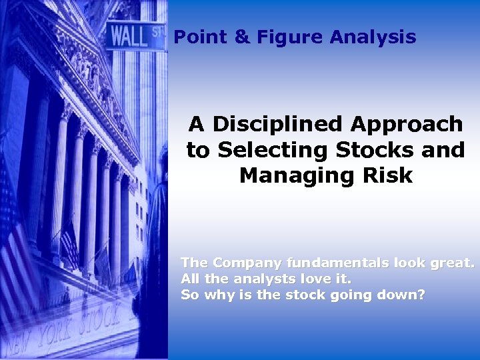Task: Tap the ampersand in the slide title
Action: click(x=241, y=37)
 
